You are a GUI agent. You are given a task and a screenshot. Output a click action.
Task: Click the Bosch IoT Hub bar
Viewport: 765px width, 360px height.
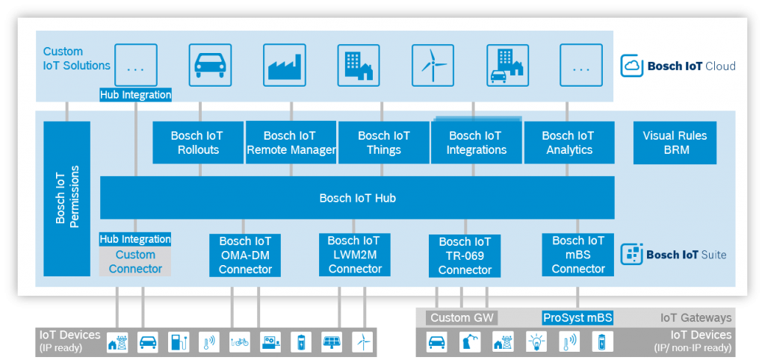point(357,198)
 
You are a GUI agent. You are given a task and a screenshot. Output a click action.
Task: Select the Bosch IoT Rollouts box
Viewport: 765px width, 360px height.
point(198,143)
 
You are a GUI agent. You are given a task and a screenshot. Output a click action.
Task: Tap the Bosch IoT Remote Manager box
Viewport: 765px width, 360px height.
point(291,143)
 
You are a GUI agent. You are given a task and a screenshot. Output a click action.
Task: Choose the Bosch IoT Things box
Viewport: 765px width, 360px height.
point(383,143)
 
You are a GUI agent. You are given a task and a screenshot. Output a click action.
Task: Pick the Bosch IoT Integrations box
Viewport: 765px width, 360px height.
point(476,143)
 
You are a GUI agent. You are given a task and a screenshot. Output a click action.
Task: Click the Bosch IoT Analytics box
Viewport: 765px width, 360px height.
point(569,143)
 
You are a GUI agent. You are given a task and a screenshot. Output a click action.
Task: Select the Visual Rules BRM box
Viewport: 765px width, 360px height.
point(675,143)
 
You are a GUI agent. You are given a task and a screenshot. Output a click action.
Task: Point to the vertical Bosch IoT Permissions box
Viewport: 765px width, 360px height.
point(66,199)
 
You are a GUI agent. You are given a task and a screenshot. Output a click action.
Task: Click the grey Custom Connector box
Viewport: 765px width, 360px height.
point(135,261)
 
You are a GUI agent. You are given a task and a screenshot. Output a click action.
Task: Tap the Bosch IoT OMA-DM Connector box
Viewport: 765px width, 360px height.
point(245,255)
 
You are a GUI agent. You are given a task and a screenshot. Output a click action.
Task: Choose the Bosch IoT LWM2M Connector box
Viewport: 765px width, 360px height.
point(355,255)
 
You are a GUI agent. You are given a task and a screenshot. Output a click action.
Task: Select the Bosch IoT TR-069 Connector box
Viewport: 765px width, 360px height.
point(465,255)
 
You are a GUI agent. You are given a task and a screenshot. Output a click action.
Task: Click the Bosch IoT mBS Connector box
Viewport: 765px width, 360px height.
point(578,255)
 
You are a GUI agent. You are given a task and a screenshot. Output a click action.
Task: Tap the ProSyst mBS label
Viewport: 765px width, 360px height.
point(577,318)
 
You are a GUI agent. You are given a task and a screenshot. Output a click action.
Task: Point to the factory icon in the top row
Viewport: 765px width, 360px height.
point(285,65)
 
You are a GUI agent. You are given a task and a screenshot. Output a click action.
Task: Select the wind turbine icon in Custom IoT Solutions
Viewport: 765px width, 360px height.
point(433,65)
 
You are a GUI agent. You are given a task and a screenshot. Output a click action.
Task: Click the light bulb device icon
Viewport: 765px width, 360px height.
point(536,342)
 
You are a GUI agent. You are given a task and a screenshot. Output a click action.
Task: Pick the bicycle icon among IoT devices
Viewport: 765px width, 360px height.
point(240,342)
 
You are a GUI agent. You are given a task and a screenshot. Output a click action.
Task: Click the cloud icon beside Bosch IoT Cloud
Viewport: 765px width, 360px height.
point(631,66)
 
